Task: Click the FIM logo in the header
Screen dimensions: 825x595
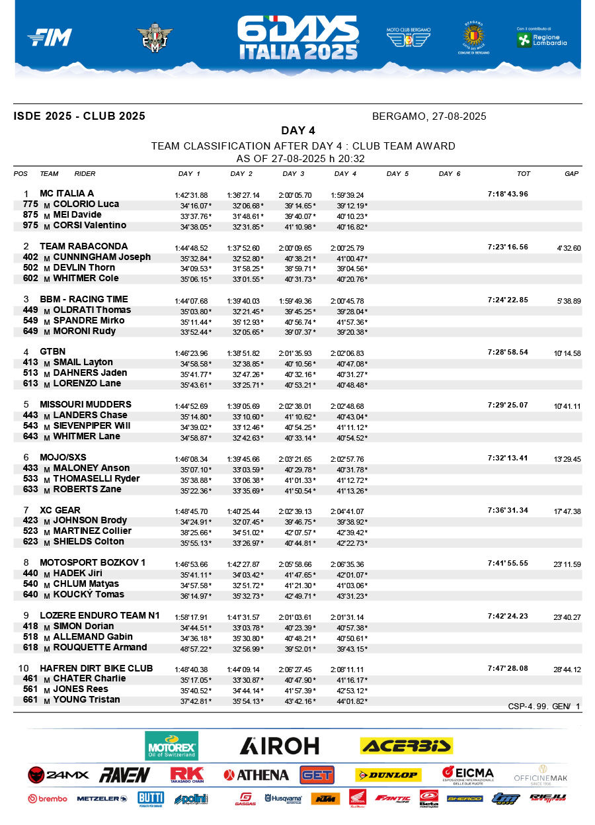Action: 50,38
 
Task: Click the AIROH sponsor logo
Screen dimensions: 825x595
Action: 279,746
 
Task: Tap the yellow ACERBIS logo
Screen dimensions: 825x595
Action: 406,746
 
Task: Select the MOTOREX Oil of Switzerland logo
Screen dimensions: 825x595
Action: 171,746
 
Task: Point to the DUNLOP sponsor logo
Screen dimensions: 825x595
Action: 387,775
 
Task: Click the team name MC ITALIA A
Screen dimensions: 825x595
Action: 67,194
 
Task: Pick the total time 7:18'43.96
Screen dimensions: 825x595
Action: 508,195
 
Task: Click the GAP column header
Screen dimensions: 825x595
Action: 571,174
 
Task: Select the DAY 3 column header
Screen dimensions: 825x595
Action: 294,174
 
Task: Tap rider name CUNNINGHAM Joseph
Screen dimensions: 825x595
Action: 102,257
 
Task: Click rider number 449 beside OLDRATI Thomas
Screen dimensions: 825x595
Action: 30,310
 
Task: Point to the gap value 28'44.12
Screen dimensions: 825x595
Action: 567,670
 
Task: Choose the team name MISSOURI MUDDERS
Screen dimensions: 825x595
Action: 85,404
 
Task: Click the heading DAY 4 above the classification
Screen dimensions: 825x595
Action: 298,130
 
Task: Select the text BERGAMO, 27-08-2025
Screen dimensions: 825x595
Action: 429,116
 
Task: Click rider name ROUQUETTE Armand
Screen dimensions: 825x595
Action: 100,647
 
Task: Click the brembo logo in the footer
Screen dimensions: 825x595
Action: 48,799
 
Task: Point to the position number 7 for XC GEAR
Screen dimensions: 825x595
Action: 26,510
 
